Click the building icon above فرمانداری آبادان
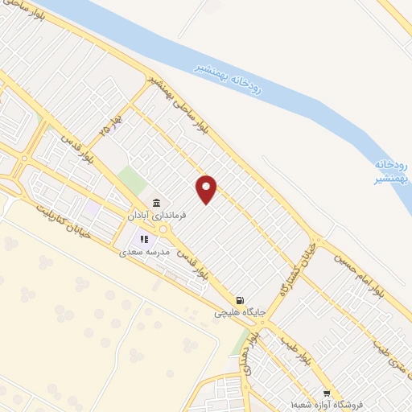[x=156, y=203]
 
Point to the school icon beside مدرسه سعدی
[x=144, y=238]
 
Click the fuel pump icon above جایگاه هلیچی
[x=238, y=295]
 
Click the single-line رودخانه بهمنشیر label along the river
[x=229, y=76]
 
